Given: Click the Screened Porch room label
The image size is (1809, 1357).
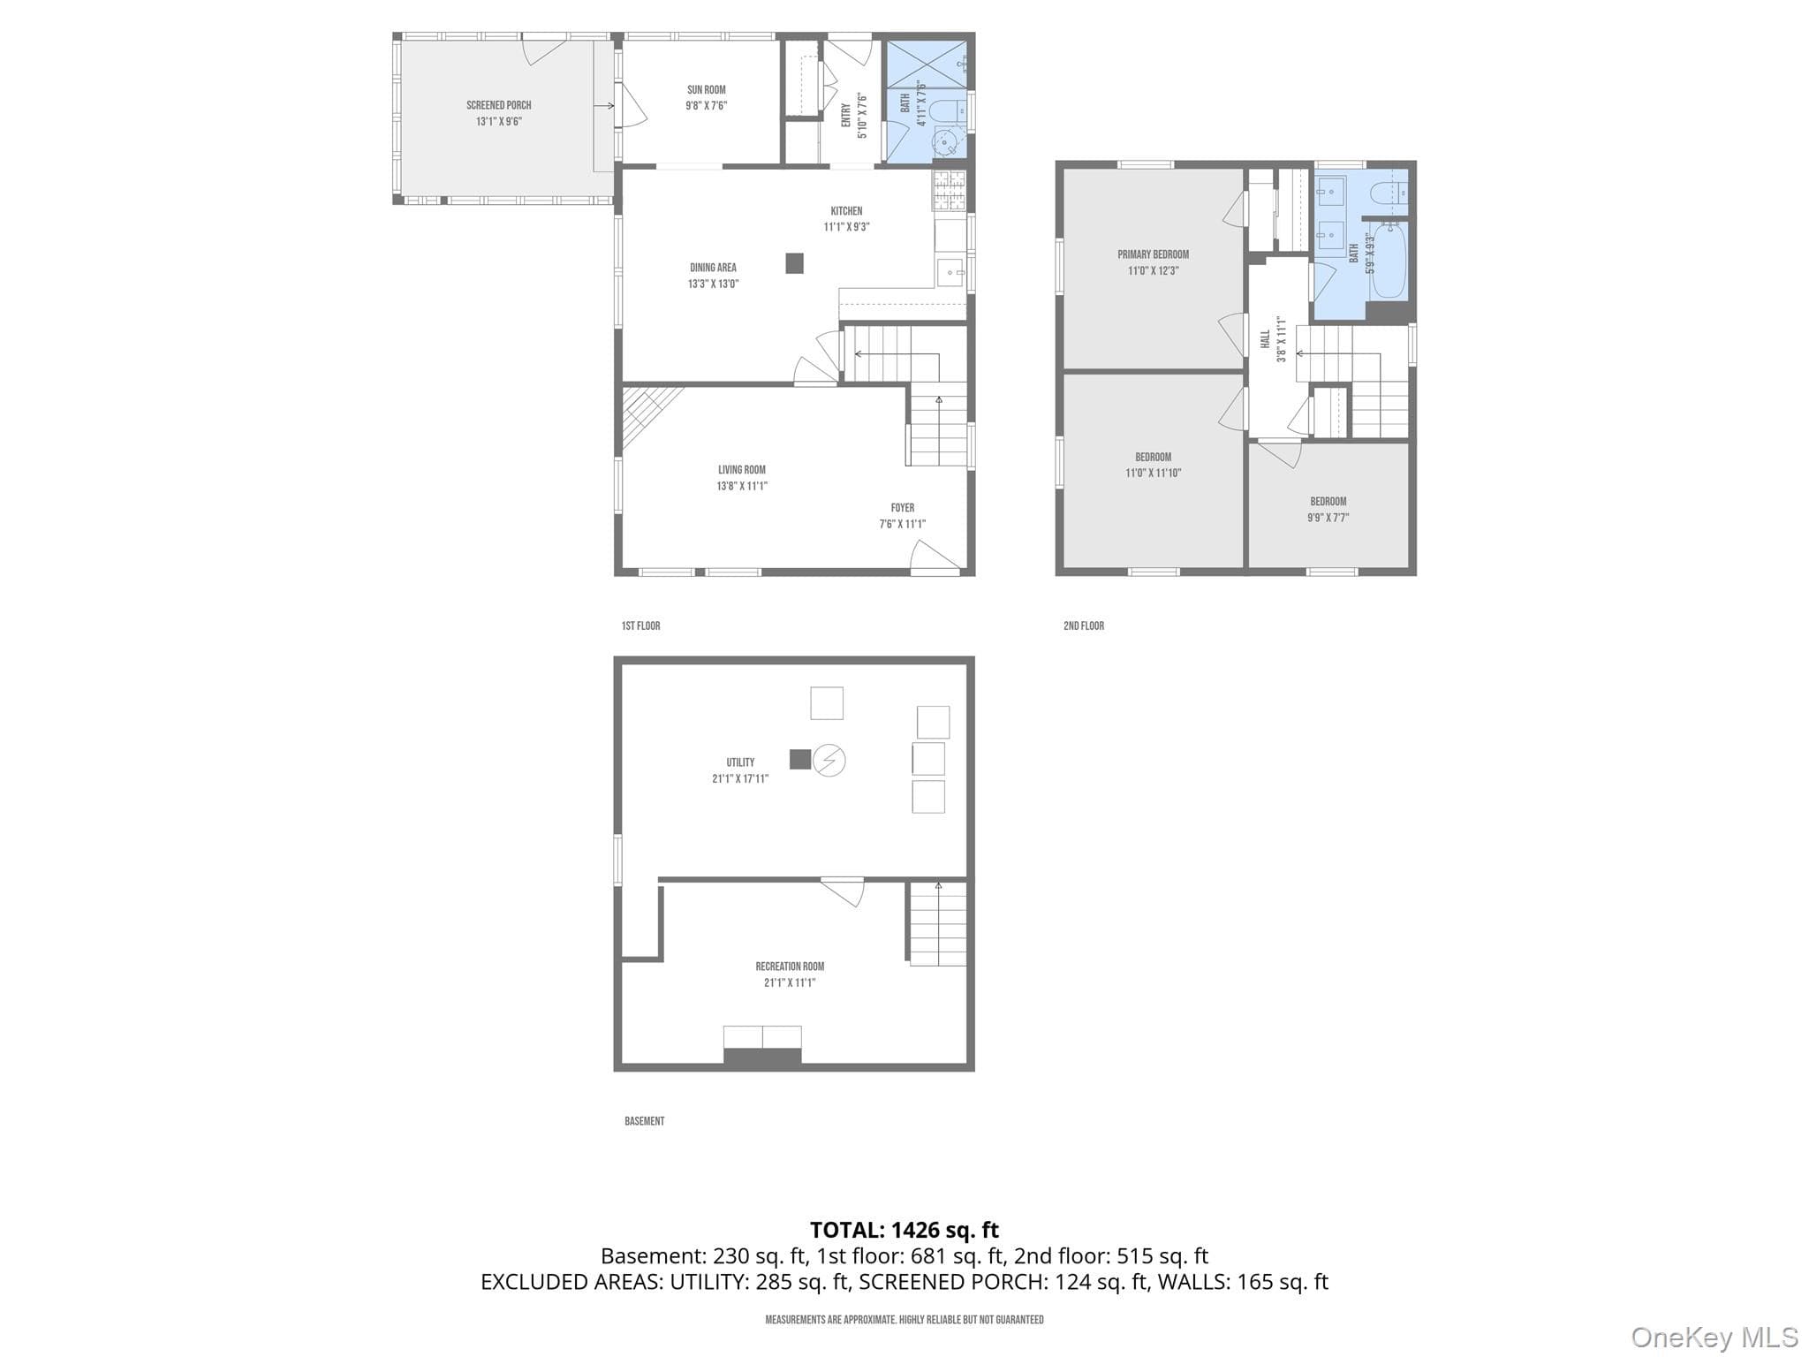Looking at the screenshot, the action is pyautogui.click(x=499, y=106).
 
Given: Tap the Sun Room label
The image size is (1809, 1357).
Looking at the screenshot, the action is pyautogui.click(x=707, y=90).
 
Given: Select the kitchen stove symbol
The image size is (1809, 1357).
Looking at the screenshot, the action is pyautogui.click(x=950, y=190).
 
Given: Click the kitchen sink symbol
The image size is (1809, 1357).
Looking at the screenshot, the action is pyautogui.click(x=951, y=272).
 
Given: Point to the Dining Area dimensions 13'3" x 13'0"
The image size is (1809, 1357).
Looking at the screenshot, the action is pyautogui.click(x=714, y=284).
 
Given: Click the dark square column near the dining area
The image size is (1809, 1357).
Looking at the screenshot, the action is pyautogui.click(x=795, y=263).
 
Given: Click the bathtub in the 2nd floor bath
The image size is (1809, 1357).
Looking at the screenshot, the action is pyautogui.click(x=1388, y=262).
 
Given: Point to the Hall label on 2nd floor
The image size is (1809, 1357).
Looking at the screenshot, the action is pyautogui.click(x=1266, y=339).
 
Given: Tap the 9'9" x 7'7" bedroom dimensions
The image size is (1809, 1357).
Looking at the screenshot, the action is pyautogui.click(x=1328, y=519).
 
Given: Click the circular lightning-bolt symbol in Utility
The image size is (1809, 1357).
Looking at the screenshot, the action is pyautogui.click(x=829, y=760).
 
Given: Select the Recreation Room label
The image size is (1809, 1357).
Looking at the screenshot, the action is pyautogui.click(x=790, y=967).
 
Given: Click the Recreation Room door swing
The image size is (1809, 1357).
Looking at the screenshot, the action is pyautogui.click(x=843, y=891).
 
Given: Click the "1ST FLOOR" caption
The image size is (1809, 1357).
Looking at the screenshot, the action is pyautogui.click(x=641, y=626).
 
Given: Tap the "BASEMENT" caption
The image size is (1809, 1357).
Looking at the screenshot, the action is pyautogui.click(x=645, y=1121).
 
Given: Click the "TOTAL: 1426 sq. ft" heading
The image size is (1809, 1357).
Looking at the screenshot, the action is pyautogui.click(x=904, y=1230).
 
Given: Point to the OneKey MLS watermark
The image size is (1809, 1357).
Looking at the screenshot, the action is pyautogui.click(x=1714, y=1337).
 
